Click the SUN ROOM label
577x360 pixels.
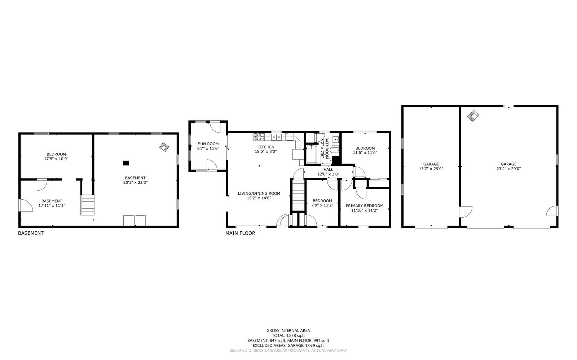[208, 144]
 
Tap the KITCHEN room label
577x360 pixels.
[266, 147]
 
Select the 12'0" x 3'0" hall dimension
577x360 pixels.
[328, 174]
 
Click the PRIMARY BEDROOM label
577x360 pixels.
[364, 206]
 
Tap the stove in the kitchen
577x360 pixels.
[258, 137]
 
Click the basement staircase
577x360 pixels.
[87, 205]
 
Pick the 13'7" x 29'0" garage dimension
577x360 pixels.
[431, 169]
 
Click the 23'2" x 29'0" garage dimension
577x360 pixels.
[508, 169]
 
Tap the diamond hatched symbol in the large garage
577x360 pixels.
[473, 115]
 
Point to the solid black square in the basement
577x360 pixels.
[126, 163]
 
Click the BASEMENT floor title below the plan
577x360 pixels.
[31, 233]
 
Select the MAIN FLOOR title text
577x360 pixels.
[240, 233]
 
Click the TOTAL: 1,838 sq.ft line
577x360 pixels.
[288, 335]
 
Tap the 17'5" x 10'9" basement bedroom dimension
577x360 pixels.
[56, 159]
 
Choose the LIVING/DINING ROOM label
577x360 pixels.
[259, 194]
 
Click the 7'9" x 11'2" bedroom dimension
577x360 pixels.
[322, 205]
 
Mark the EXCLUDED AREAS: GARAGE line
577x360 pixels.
[288, 346]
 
